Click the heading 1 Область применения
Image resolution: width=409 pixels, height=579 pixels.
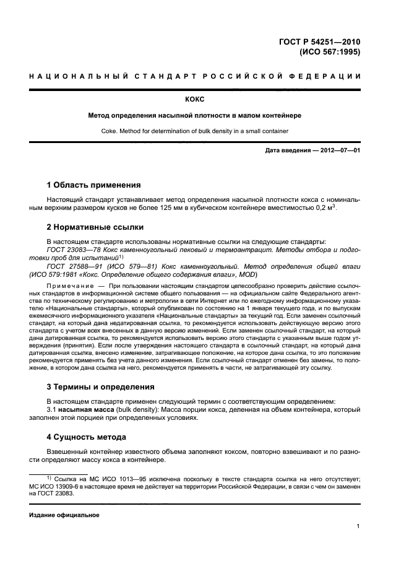[x=94, y=185]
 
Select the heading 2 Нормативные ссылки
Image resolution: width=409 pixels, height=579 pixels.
[x=95, y=227]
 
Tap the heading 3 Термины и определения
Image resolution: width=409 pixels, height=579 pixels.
[x=101, y=387]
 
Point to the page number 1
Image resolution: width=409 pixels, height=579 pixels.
[x=358, y=527]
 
